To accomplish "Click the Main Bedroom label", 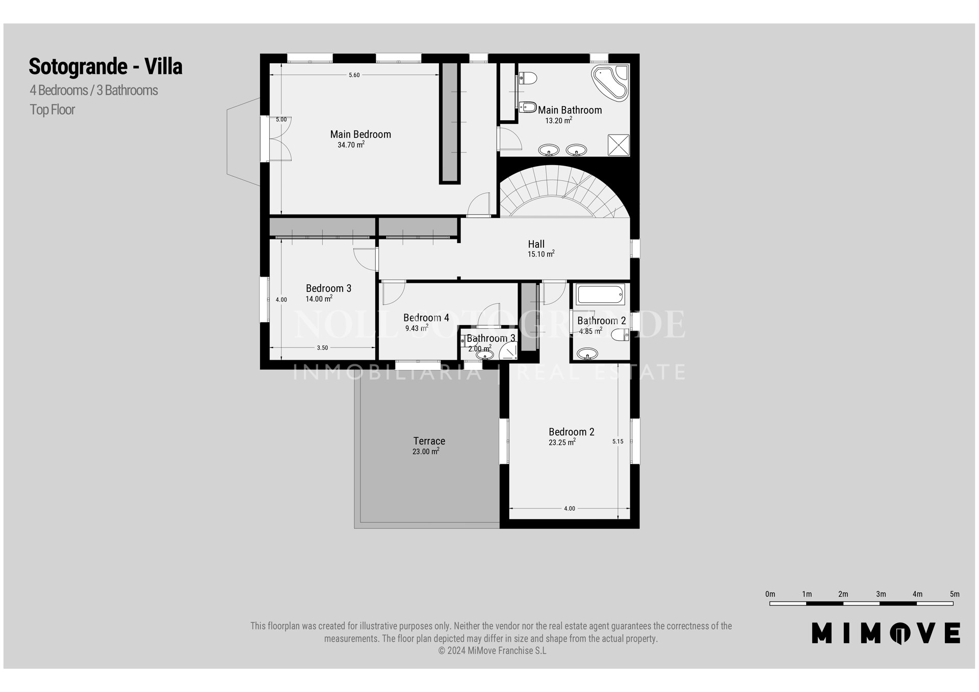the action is pos(360,135).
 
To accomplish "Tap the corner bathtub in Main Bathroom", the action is pos(610,82).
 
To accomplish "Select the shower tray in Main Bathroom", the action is pos(619,145).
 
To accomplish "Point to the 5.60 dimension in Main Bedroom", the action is pos(354,75).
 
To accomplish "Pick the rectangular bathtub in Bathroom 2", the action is pos(600,295).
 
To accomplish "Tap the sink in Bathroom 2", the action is pos(588,353).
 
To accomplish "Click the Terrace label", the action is pos(429,441).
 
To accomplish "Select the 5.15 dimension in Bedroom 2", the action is pos(617,442).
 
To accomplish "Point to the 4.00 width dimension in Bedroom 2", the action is pos(570,509).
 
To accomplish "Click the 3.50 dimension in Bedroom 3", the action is pos(322,348).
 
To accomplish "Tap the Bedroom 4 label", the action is pos(426,318).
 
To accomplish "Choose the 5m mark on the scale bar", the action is pos(955,594).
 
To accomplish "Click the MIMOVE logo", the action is pos(886,633).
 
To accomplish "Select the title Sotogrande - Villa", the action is pos(106,66).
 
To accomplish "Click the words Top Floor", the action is pos(53,110).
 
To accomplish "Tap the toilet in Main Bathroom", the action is pos(528,78).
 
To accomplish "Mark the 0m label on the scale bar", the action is pos(770,594).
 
